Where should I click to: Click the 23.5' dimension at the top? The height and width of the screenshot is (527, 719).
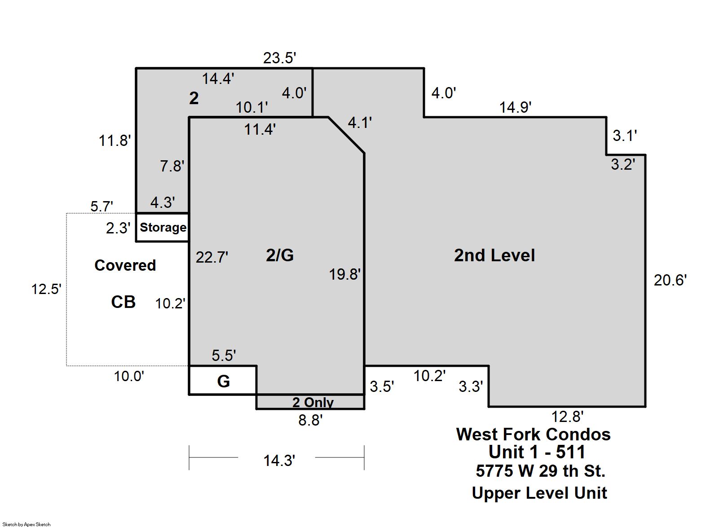tap(280, 58)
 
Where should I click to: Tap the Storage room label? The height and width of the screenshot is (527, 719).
tap(163, 228)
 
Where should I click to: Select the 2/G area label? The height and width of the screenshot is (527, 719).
tap(280, 255)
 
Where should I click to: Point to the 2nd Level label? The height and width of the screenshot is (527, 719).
tap(494, 255)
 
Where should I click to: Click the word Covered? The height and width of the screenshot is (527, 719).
tap(125, 265)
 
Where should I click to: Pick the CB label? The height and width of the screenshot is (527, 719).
tap(123, 302)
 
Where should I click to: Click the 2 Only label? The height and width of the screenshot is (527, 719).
tap(313, 402)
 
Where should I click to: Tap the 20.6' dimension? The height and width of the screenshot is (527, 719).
tap(670, 281)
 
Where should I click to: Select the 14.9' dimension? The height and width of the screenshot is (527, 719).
tap(515, 107)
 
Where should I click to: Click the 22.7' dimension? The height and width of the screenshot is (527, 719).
tap(212, 257)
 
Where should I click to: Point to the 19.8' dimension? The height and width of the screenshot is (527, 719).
tap(345, 275)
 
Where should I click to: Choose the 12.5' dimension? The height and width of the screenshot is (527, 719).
tap(46, 289)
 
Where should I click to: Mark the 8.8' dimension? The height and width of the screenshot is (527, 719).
tap(310, 420)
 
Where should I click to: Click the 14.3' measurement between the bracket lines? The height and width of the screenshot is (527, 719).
tap(279, 461)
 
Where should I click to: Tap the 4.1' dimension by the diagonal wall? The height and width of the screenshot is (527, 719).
tap(360, 123)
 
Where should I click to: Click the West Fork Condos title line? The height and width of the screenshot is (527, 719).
tap(533, 434)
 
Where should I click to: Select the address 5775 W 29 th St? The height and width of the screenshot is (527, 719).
tap(541, 471)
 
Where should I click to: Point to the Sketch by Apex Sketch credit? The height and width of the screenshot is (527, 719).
tap(26, 524)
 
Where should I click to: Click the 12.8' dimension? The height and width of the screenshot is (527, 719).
tap(567, 417)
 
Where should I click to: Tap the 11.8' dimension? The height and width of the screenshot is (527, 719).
tap(115, 141)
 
